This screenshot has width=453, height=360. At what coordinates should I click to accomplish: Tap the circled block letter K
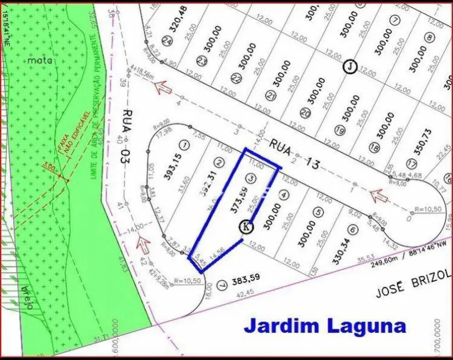[246, 226]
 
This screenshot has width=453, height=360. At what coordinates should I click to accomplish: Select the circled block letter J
[349, 66]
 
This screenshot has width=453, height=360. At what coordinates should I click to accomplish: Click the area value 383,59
[246, 277]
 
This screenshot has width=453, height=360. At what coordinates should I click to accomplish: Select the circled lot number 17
[410, 164]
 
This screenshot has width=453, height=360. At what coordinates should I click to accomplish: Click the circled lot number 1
[185, 145]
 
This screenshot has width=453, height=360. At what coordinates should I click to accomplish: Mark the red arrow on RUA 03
[146, 242]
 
